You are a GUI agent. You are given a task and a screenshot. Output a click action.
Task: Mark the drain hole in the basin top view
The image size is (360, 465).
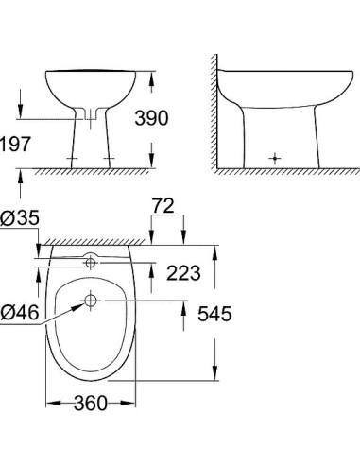point(90,301)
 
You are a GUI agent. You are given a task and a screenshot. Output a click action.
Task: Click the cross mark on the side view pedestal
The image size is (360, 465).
point(274,157)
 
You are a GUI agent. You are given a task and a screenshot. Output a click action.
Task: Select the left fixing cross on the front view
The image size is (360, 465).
point(70,157)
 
